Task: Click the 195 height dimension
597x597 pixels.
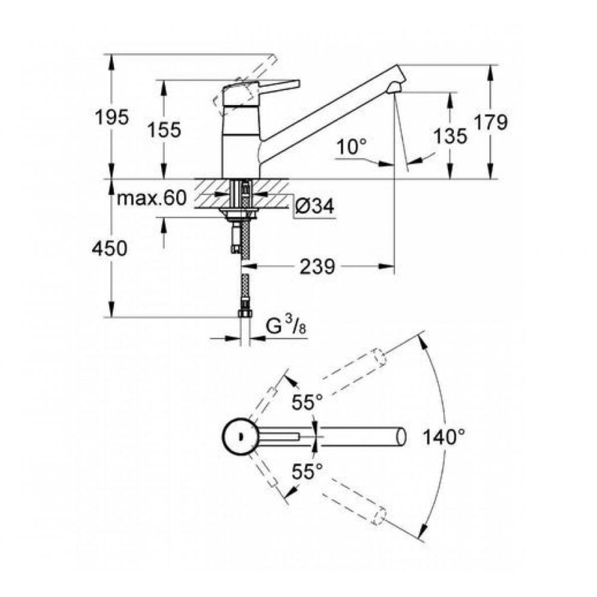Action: [x=112, y=118]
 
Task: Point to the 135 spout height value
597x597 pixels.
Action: [x=451, y=136]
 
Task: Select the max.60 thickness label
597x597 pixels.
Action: [x=151, y=198]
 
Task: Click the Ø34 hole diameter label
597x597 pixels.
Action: [x=313, y=207]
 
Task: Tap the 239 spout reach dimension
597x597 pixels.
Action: [x=316, y=267]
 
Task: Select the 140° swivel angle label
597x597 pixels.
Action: [x=444, y=436]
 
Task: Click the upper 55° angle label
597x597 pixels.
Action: [x=306, y=403]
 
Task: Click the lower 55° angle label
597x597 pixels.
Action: [x=306, y=472]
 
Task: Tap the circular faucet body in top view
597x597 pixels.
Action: [x=238, y=436]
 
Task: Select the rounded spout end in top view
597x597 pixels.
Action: [x=401, y=436]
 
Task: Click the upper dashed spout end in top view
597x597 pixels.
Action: [x=377, y=356]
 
